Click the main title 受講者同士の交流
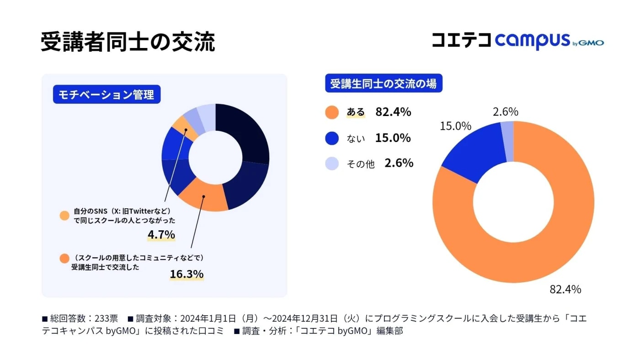[x=128, y=42]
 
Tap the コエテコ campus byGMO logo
[x=517, y=41]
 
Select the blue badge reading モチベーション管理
[x=107, y=95]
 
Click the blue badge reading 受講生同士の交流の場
[x=383, y=84]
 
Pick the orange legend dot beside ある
[x=332, y=112]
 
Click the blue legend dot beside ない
[x=332, y=138]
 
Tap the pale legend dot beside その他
[x=332, y=164]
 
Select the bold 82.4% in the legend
[x=393, y=112]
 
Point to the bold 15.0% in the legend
[x=393, y=138]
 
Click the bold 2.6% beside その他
[x=399, y=163]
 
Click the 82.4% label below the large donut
[x=565, y=289]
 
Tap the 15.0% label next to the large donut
[x=455, y=126]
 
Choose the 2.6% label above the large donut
[x=505, y=112]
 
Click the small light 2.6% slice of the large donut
[x=507, y=142]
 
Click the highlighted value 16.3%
[x=187, y=274]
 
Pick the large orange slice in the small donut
[x=203, y=198]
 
